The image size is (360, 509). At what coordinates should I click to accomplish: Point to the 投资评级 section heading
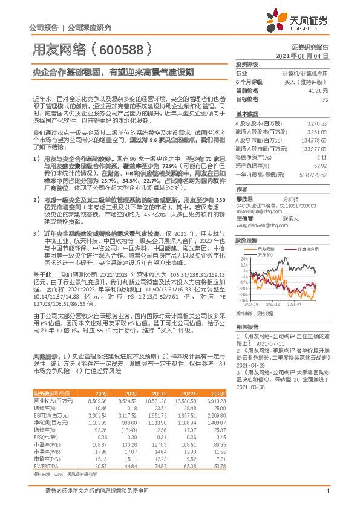coord(247,64)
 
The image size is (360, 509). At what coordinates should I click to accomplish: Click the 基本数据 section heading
coord(247,114)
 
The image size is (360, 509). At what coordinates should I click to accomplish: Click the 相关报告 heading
coord(247,326)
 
